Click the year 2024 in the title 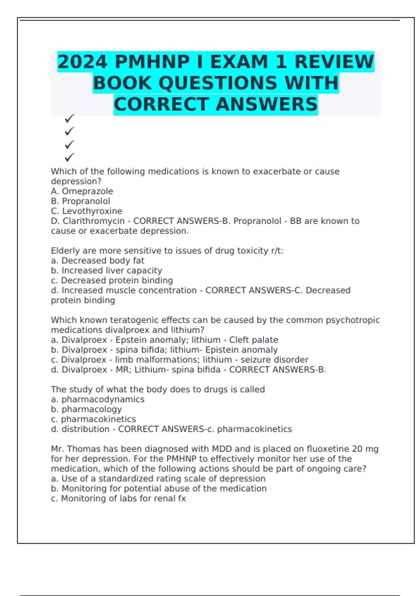coord(83,62)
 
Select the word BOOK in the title coord(122,83)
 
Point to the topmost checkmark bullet coord(69,118)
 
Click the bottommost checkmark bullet coord(69,157)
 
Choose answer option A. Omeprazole coord(82,191)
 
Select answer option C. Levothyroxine coord(86,211)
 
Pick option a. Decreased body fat coord(97,260)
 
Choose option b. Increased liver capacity coord(106,270)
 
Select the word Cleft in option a coord(240,340)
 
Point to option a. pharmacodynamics coord(98,399)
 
